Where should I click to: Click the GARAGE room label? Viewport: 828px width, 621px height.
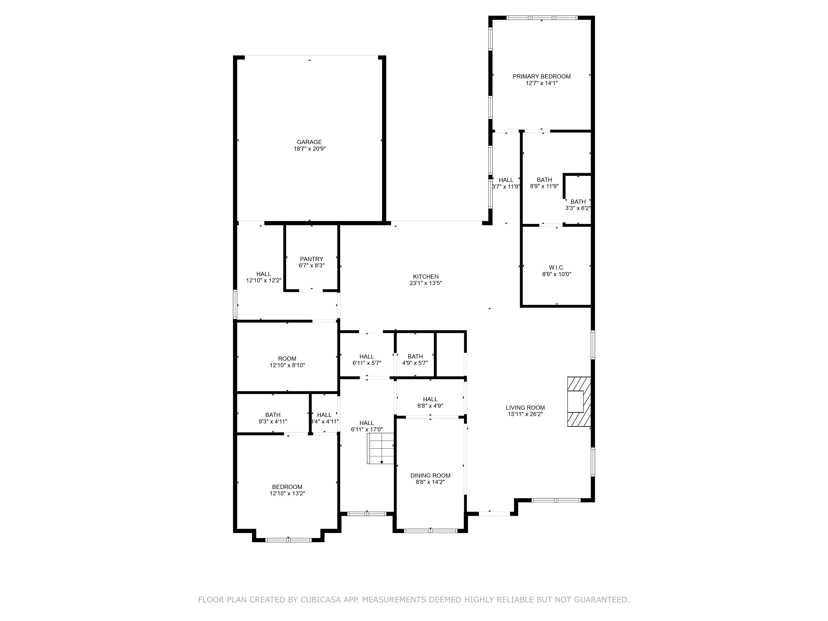click(309, 142)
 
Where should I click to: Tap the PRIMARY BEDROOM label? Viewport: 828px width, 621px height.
click(541, 76)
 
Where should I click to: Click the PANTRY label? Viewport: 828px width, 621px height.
click(312, 259)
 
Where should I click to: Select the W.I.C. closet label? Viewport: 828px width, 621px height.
click(556, 267)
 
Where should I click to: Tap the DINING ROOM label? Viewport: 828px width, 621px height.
click(430, 475)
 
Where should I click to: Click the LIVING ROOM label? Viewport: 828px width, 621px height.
click(525, 408)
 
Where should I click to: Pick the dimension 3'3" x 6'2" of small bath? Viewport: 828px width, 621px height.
click(578, 208)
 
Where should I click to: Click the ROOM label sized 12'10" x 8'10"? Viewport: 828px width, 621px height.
click(287, 359)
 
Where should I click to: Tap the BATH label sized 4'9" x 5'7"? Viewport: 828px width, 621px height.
click(415, 356)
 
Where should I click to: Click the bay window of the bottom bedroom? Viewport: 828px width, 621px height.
click(288, 540)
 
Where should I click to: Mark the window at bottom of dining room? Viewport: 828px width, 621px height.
click(431, 530)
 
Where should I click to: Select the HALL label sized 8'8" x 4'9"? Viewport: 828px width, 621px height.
click(430, 399)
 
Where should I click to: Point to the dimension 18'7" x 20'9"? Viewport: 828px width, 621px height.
click(309, 149)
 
